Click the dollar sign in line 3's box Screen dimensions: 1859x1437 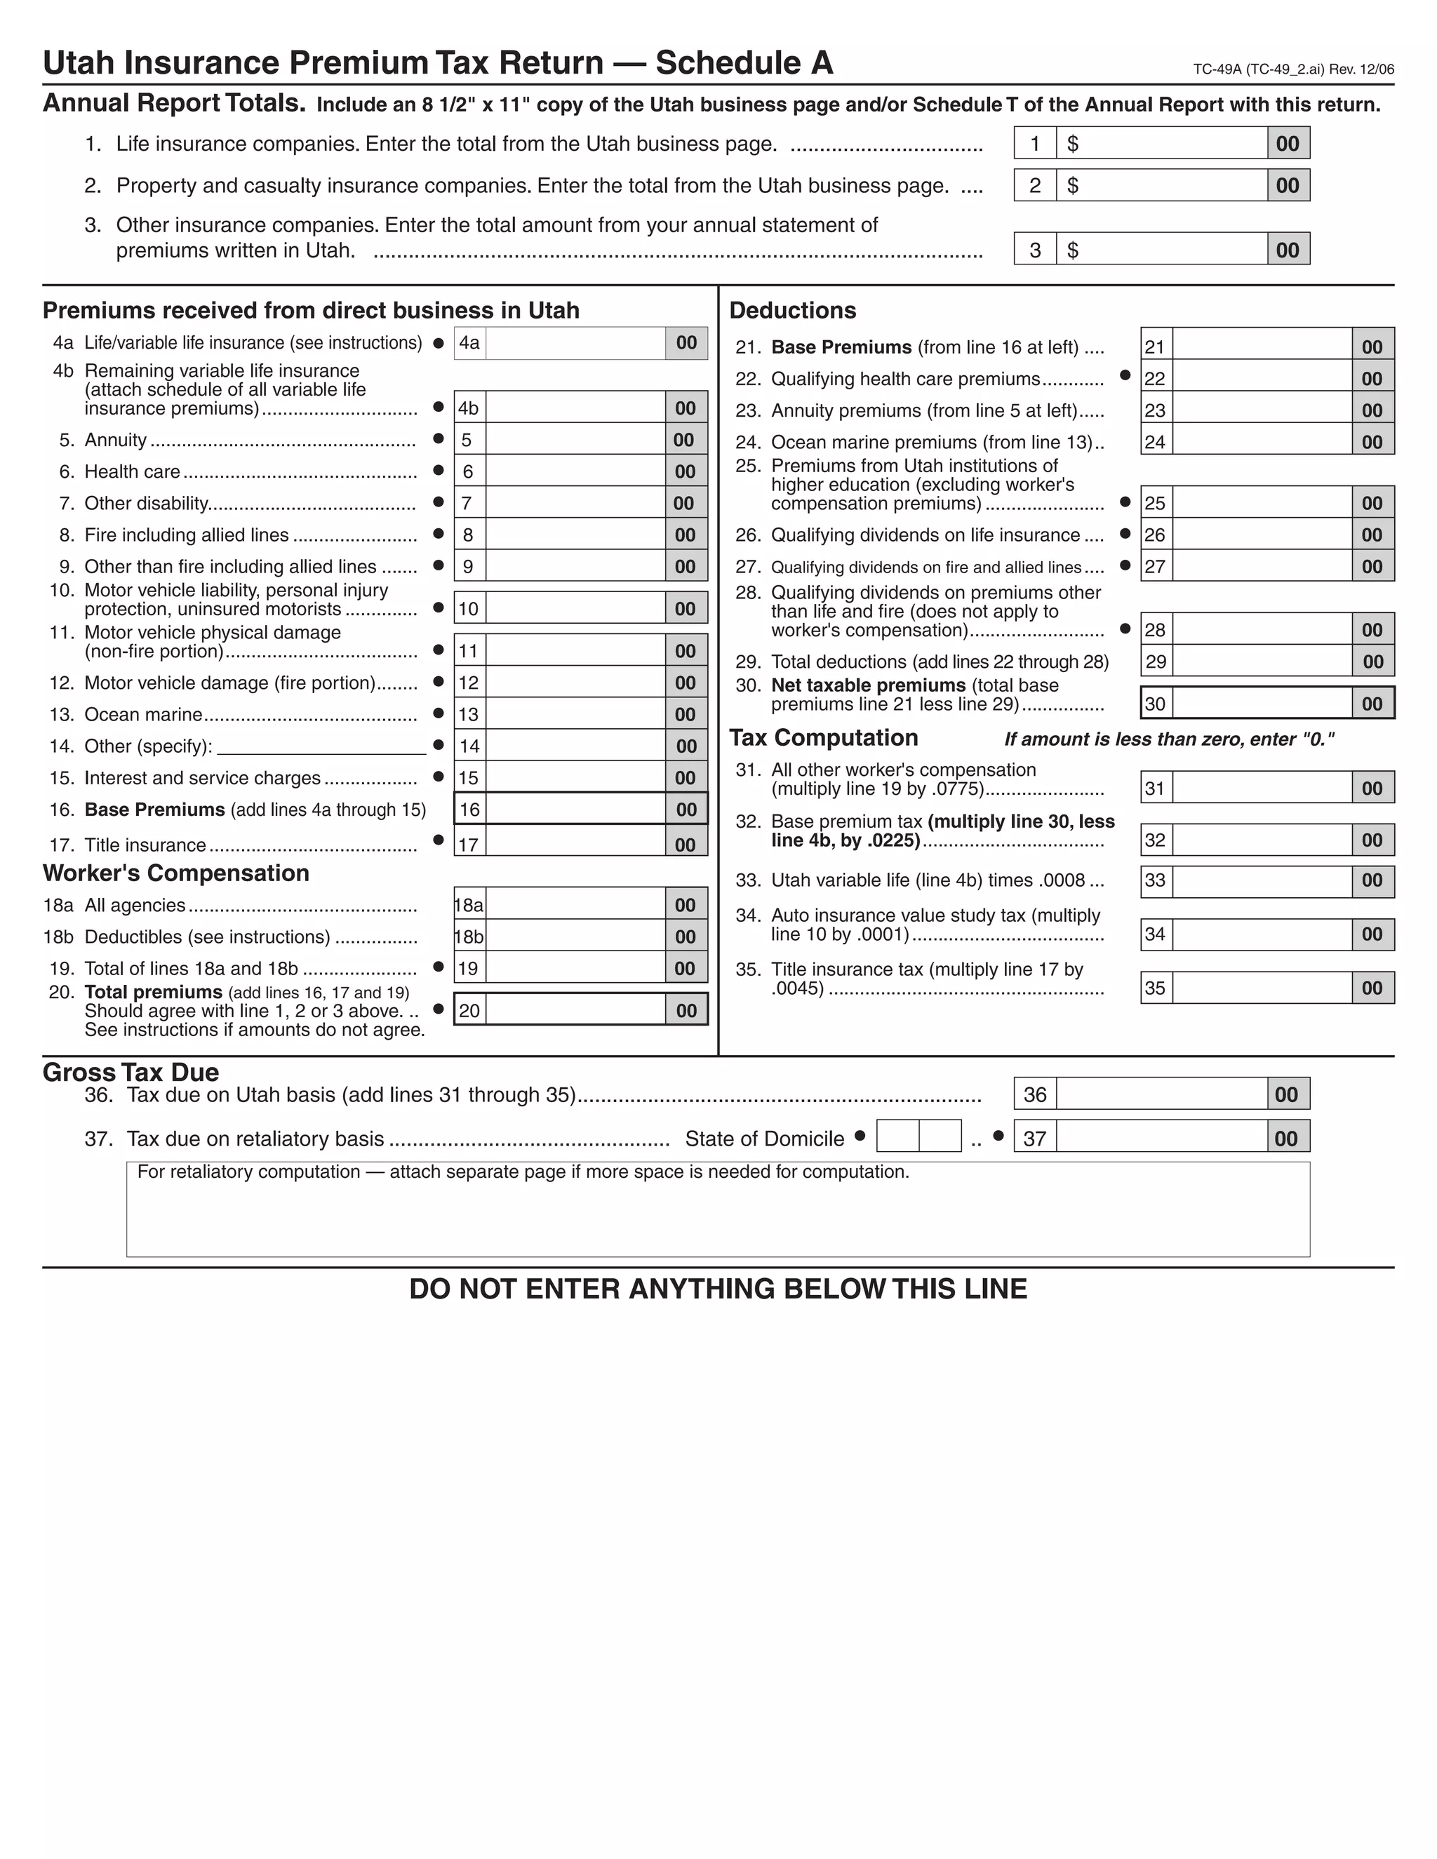click(x=1073, y=250)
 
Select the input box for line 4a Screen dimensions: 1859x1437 click(x=575, y=343)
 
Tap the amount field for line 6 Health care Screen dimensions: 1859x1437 click(x=575, y=471)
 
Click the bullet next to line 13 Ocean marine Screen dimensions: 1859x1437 click(x=439, y=713)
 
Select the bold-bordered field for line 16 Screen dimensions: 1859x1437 click(x=575, y=809)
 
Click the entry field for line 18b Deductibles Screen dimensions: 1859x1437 click(x=575, y=937)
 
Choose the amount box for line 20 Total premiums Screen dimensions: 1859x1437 click(x=575, y=1010)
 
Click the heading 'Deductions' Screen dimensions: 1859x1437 click(x=793, y=311)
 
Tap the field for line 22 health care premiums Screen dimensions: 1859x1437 click(x=1262, y=378)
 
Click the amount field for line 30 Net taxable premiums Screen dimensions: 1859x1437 click(x=1262, y=703)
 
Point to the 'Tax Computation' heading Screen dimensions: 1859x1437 click(x=823, y=738)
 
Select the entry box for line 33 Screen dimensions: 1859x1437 click(x=1262, y=880)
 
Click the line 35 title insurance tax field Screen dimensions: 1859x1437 click(x=1262, y=988)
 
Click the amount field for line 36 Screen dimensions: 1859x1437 click(x=1161, y=1094)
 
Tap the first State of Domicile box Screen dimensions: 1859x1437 click(x=897, y=1136)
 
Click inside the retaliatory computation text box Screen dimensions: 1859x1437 click(x=718, y=1217)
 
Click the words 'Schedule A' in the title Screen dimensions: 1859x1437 click(x=744, y=63)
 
